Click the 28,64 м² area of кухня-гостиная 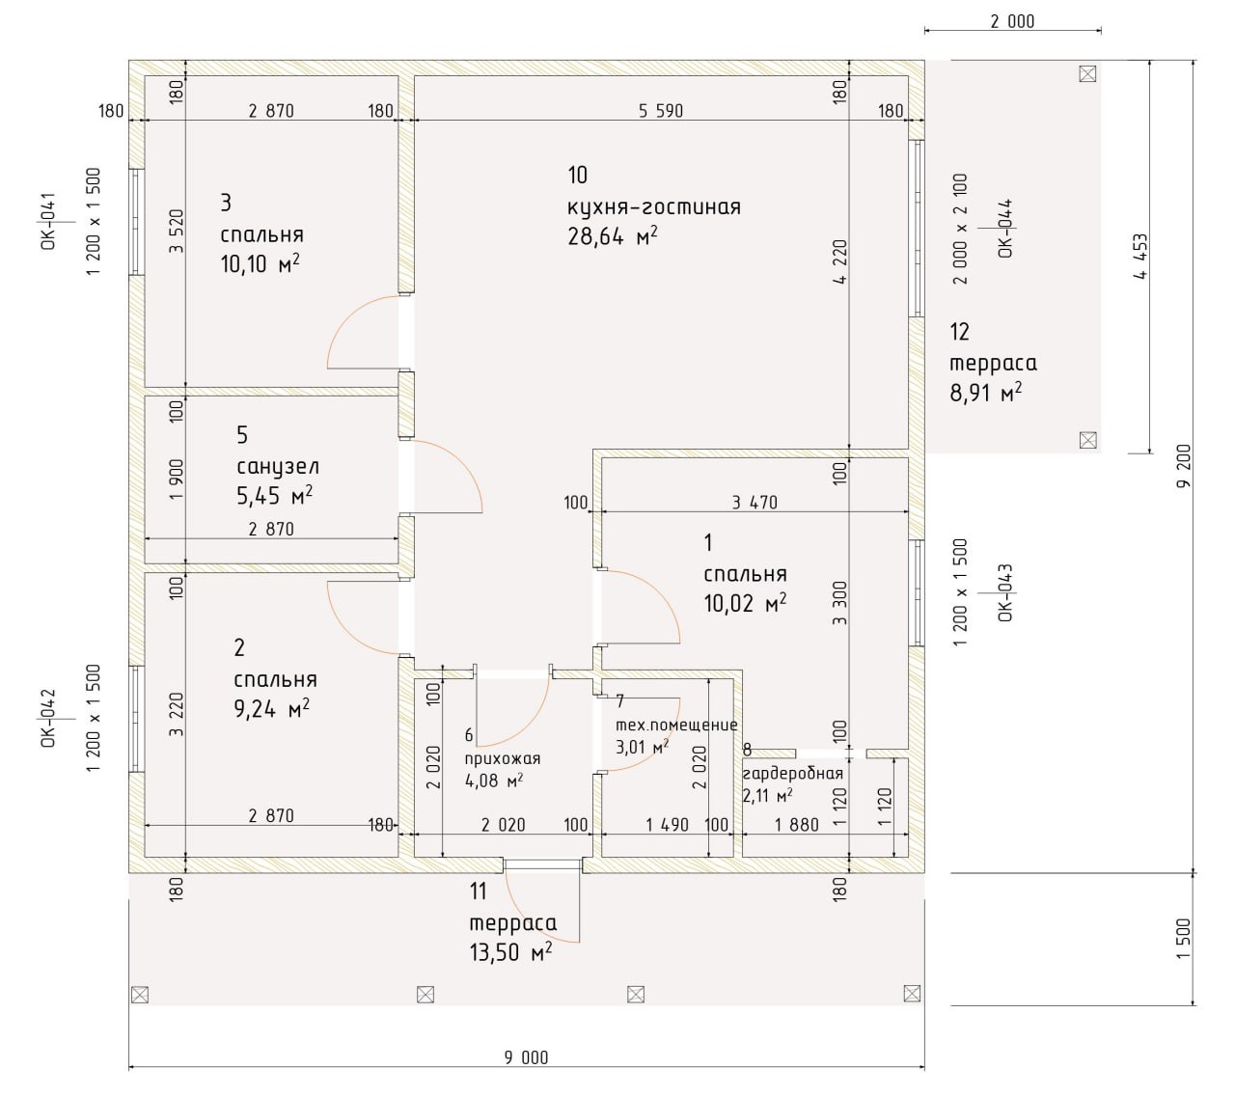(613, 236)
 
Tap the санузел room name (277, 466)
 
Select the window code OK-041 (49, 221)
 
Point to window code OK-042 (49, 718)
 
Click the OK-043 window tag (1005, 592)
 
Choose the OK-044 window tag (1005, 228)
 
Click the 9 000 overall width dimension (526, 1057)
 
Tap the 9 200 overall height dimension (1183, 466)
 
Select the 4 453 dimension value (1139, 256)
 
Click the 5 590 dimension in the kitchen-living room (661, 111)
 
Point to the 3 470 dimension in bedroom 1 (755, 503)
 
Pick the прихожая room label (503, 759)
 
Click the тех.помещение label (676, 725)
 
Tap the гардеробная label (792, 774)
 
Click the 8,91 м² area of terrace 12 (986, 393)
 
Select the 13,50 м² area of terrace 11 (510, 951)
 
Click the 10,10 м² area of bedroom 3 (260, 264)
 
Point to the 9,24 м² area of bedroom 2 (272, 709)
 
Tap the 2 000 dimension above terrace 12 (1012, 22)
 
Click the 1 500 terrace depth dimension (1183, 938)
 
